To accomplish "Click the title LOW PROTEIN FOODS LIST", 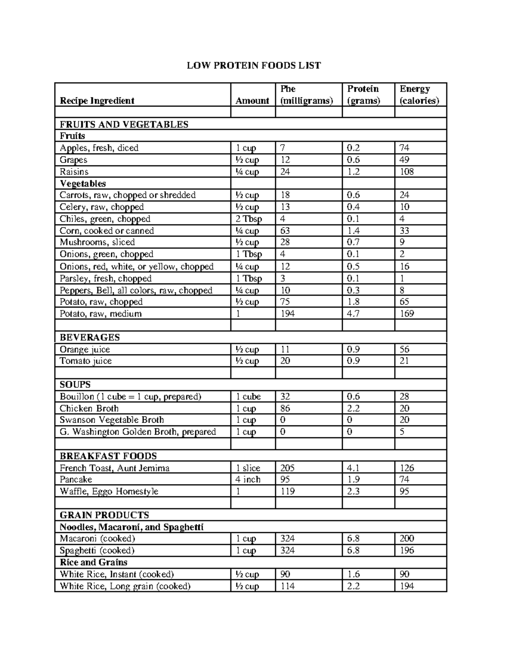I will (x=254, y=65).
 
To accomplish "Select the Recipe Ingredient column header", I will (x=97, y=101).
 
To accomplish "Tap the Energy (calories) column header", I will (x=419, y=95).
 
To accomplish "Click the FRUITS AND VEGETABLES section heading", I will (x=124, y=124).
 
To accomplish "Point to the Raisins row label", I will (x=74, y=171).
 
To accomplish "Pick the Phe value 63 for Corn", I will (x=286, y=231).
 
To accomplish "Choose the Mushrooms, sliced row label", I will (x=97, y=242).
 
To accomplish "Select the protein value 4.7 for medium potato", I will (x=353, y=313).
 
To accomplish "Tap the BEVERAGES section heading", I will (x=90, y=337).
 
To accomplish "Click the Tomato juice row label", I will (x=85, y=361).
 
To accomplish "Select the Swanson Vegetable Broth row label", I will (x=112, y=420).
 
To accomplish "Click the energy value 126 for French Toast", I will (x=407, y=468).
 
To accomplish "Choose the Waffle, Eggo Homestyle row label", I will (x=109, y=491).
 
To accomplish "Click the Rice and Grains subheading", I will (x=93, y=562).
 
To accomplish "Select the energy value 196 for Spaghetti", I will (x=407, y=550).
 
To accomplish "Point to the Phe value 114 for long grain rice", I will (x=288, y=586).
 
